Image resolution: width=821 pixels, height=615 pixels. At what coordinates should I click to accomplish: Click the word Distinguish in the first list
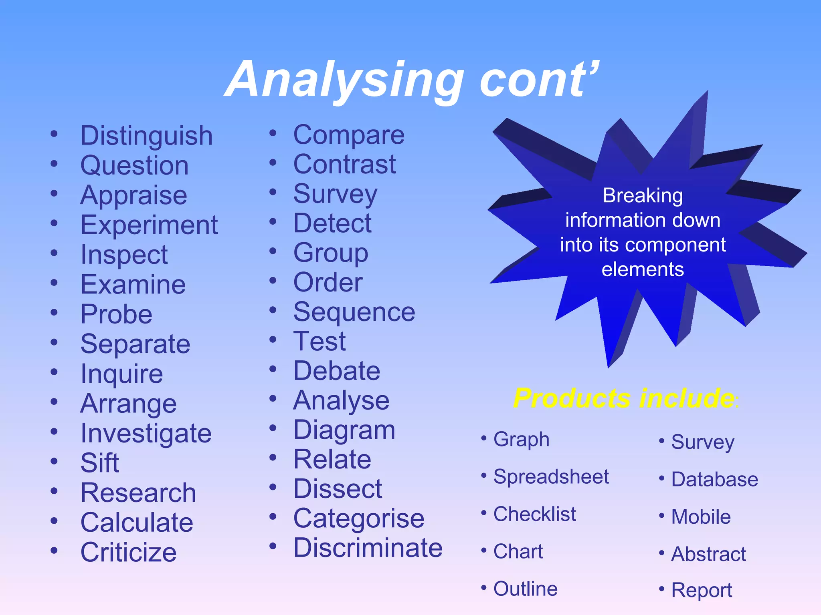[x=146, y=136]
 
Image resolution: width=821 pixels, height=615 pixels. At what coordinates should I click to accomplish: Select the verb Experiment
[x=149, y=225]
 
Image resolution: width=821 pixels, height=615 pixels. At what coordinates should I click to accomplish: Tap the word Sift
[x=100, y=463]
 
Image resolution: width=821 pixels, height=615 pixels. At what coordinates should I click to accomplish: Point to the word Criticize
[x=128, y=552]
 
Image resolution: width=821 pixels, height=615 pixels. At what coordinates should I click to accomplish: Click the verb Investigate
[x=146, y=434]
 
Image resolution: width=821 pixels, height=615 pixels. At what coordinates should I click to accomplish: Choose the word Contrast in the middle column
[x=344, y=164]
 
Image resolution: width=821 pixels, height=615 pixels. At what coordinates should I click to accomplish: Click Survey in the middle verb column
[x=335, y=194]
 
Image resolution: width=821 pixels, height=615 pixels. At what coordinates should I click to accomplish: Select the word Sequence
[x=354, y=312]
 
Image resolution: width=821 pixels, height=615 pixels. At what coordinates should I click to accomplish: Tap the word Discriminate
[x=368, y=548]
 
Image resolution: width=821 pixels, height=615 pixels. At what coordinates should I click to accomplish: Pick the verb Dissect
[x=338, y=489]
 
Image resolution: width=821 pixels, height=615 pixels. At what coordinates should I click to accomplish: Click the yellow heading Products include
[x=624, y=398]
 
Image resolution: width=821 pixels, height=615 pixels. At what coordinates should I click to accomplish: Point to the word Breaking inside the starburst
[x=643, y=196]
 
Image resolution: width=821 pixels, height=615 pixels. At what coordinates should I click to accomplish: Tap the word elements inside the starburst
[x=643, y=269]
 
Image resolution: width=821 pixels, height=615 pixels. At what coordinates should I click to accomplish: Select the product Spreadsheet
[x=551, y=477]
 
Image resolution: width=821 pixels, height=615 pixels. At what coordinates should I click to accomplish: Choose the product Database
[x=714, y=479]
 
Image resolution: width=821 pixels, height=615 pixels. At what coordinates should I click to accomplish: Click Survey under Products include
[x=702, y=442]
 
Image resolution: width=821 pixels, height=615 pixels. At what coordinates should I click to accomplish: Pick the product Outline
[x=525, y=589]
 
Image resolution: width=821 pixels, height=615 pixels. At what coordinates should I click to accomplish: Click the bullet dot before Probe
[x=54, y=312]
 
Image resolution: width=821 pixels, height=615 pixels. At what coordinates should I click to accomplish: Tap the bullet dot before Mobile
[x=662, y=515]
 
